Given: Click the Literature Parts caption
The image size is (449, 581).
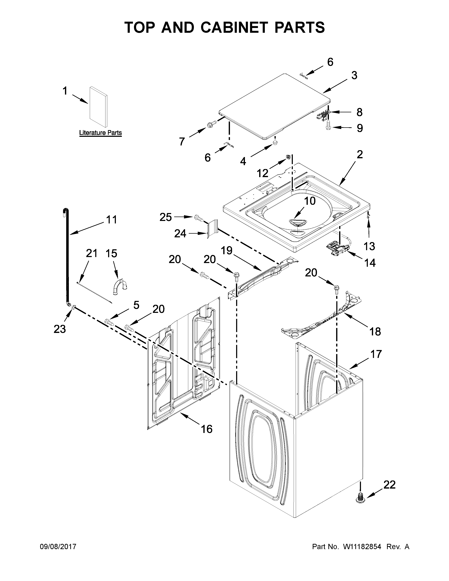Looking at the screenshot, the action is point(101,133).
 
